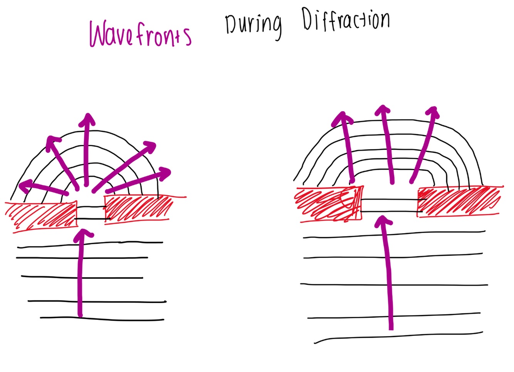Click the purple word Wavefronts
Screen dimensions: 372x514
pyautogui.click(x=140, y=35)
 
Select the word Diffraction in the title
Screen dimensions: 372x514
pyautogui.click(x=346, y=20)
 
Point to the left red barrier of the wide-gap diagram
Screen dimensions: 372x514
pyautogui.click(x=328, y=205)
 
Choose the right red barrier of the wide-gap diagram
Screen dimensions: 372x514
pyautogui.click(x=459, y=202)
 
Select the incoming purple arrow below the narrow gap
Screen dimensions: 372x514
pyautogui.click(x=81, y=274)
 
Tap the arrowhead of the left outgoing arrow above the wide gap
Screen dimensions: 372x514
pyautogui.click(x=341, y=117)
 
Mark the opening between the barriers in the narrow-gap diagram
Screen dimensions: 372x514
pyautogui.click(x=91, y=212)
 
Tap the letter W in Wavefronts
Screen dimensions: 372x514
pyautogui.click(x=101, y=35)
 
